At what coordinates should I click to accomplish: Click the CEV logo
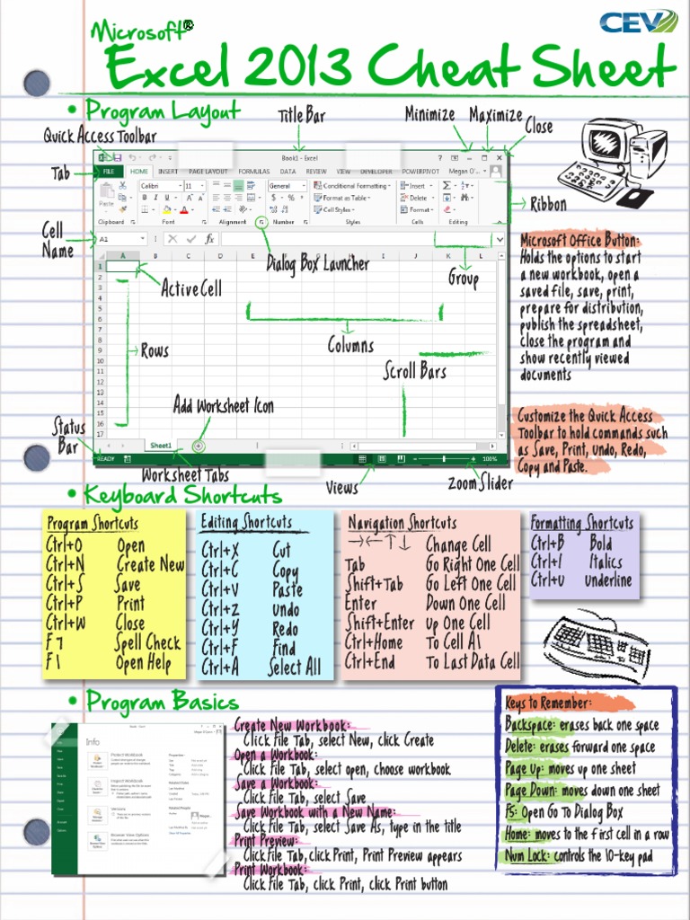point(639,22)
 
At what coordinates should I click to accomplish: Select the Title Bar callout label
point(301,116)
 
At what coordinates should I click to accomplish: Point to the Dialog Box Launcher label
point(317,264)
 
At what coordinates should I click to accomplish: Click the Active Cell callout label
point(191,288)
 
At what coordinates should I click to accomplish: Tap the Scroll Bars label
point(415,369)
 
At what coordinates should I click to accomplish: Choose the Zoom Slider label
point(481,483)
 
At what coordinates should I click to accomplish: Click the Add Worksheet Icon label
point(224,406)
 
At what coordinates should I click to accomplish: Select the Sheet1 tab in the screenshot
point(161,446)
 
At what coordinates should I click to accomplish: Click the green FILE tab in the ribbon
point(108,171)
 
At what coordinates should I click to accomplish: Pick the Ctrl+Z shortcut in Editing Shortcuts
point(220,609)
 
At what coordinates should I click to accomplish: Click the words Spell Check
point(148,643)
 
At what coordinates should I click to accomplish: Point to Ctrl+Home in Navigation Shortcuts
point(374,642)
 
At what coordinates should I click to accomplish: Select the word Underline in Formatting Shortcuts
point(608,581)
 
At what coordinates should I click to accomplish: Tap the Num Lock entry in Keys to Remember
point(529,856)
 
